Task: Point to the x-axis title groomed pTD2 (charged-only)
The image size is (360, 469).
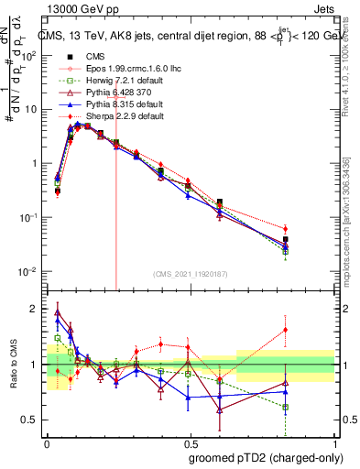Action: pos(265,457)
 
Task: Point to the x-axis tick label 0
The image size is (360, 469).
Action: pos(47,441)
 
